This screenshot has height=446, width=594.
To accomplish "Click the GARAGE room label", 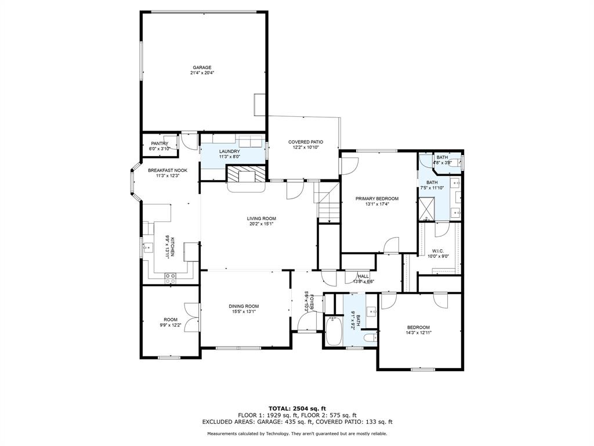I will click(202, 67).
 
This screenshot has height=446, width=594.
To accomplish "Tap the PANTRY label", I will click(160, 143).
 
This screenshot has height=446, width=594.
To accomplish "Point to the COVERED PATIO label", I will click(306, 142).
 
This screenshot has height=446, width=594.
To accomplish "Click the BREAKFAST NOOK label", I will click(164, 170).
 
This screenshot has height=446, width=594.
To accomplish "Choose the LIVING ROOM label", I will click(260, 218).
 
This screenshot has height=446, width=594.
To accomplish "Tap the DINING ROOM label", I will click(244, 306).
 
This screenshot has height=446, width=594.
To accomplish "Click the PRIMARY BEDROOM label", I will click(377, 199).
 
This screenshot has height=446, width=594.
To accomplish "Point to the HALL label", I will click(363, 276).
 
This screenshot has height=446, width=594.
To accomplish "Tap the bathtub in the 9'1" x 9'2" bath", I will click(334, 333).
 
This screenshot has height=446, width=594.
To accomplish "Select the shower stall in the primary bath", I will click(428, 207).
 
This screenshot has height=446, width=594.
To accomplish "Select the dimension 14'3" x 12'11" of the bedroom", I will click(418, 332).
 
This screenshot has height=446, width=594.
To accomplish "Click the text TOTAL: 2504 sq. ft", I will click(297, 408).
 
